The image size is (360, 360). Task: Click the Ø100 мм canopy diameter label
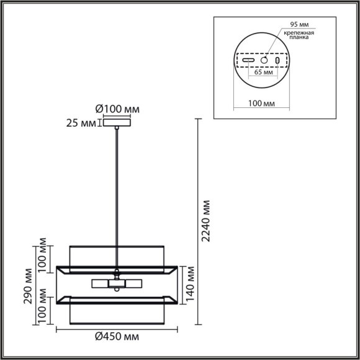pyautogui.click(x=117, y=109)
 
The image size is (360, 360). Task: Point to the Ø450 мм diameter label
pyautogui.click(x=117, y=336)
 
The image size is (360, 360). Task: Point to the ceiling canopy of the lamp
pyautogui.click(x=117, y=124)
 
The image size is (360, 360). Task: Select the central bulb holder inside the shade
pyautogui.click(x=117, y=283)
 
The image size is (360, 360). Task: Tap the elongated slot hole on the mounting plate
pyautogui.click(x=248, y=61)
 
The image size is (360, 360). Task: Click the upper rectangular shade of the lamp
pyautogui.click(x=117, y=256)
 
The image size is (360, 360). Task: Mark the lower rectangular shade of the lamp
pyautogui.click(x=117, y=314)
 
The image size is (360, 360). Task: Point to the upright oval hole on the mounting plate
pyautogui.click(x=277, y=61)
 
